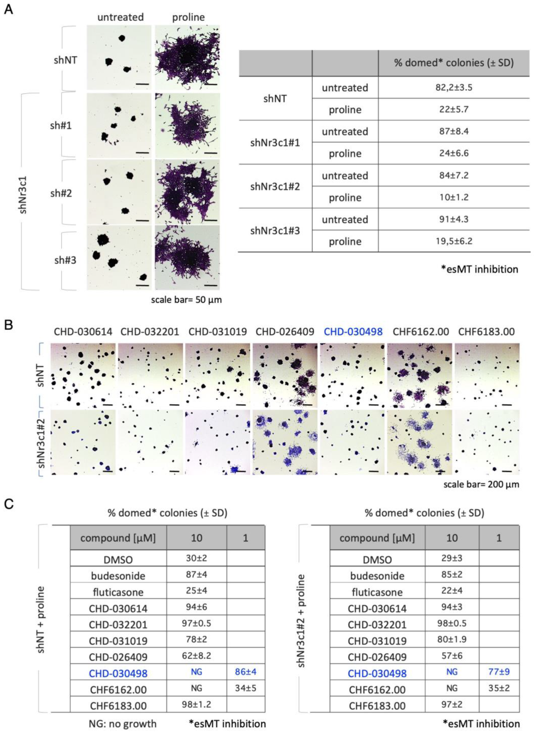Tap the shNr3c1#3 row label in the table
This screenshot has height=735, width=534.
275,231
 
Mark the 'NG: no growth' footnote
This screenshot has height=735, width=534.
122,724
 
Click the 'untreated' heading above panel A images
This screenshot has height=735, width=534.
120,17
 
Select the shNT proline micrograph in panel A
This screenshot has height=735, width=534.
187,58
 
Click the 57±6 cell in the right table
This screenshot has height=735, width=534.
452,655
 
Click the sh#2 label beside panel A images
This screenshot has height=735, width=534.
61,193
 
